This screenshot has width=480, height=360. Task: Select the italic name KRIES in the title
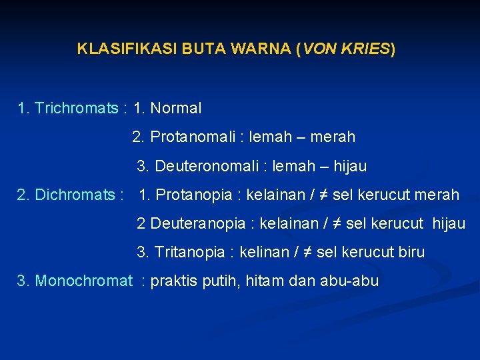tap(365, 49)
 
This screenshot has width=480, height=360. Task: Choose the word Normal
tap(176, 108)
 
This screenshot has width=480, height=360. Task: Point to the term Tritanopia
tap(190, 253)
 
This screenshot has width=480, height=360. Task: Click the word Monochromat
tap(83, 281)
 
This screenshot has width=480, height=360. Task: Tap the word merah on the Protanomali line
tap(333, 137)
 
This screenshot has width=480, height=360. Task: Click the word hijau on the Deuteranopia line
tap(449, 224)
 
